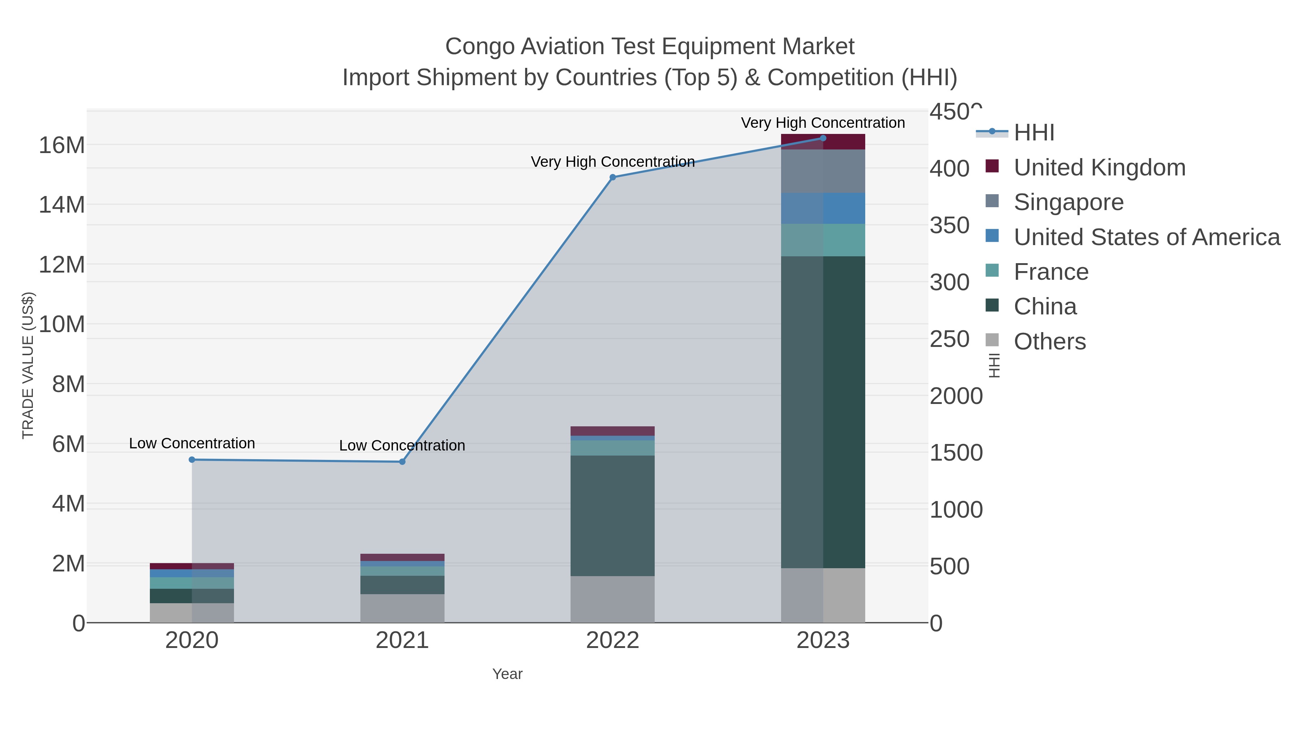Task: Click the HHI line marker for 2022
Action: pyautogui.click(x=613, y=177)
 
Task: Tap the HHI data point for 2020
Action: pyautogui.click(x=192, y=460)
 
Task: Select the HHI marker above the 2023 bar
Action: pyautogui.click(x=823, y=138)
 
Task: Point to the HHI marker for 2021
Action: pyautogui.click(x=402, y=462)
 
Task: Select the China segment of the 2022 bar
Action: pyautogui.click(x=613, y=515)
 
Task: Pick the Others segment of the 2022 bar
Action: pyautogui.click(x=613, y=599)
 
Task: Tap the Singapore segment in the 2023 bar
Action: pyautogui.click(x=823, y=171)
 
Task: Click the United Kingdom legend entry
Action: pyautogui.click(x=1099, y=167)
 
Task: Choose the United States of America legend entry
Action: pyautogui.click(x=1147, y=237)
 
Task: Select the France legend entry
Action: pyautogui.click(x=1051, y=272)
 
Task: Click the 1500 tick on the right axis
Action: pyautogui.click(x=956, y=453)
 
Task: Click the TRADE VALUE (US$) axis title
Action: pyautogui.click(x=28, y=365)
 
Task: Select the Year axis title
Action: pyautogui.click(x=507, y=674)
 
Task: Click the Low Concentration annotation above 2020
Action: pyautogui.click(x=192, y=443)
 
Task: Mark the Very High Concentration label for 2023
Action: pyautogui.click(x=823, y=123)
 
